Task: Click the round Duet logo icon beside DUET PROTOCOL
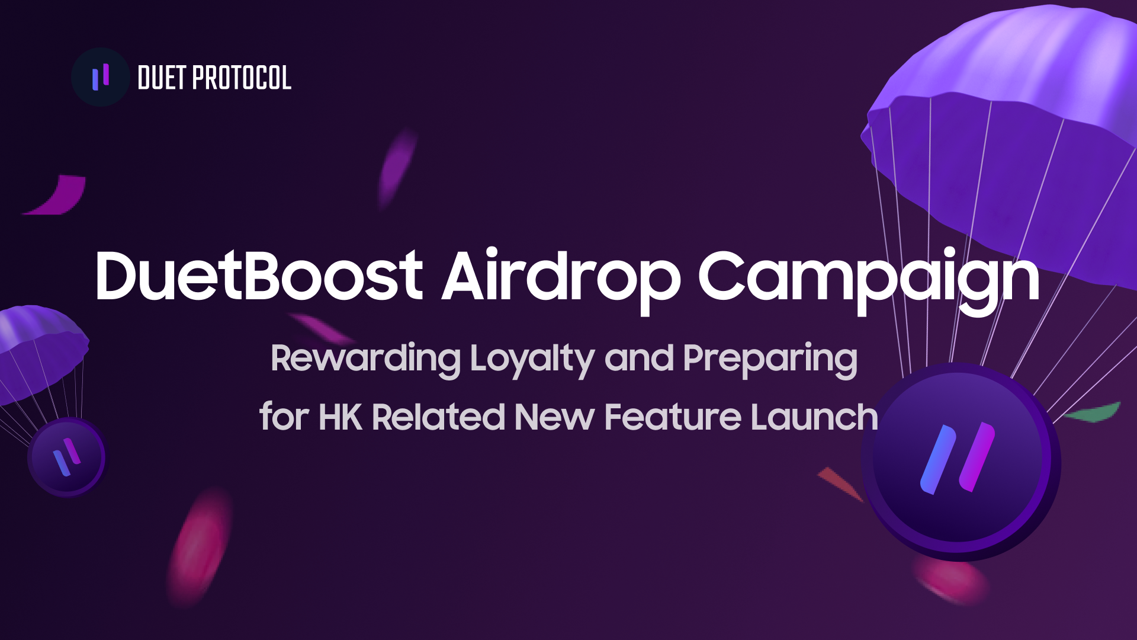100,77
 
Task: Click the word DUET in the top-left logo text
162,78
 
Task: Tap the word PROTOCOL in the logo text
242,78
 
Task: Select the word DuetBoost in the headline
259,275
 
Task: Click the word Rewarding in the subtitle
365,359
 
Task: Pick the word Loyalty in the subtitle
532,359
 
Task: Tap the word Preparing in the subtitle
770,359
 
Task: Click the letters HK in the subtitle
341,417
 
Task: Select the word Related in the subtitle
438,417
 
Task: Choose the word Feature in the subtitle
673,417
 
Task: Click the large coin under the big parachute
961,462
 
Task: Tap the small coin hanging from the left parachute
68,457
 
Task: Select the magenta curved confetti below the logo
57,195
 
